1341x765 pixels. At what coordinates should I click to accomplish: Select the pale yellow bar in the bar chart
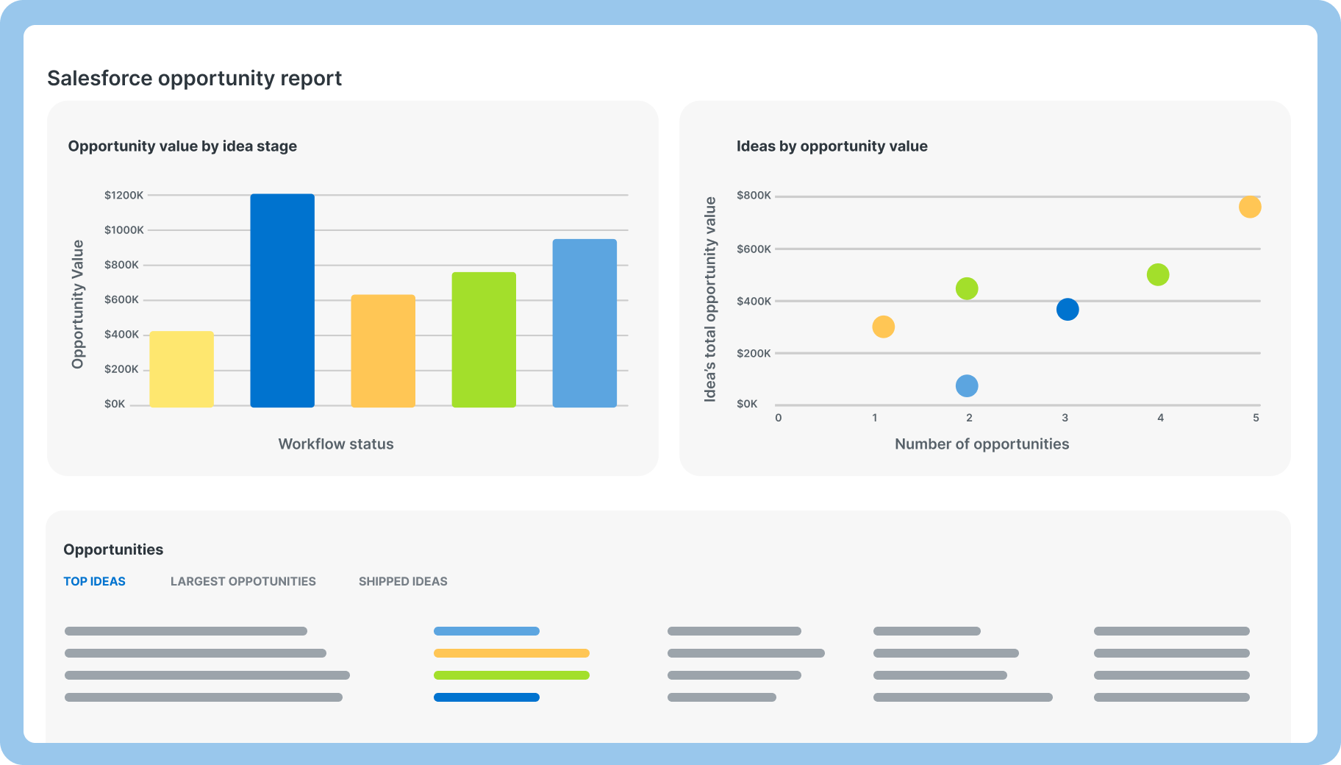click(x=182, y=369)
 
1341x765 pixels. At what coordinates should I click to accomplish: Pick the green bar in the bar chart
click(x=484, y=340)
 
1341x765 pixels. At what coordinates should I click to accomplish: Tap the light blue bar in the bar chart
click(x=584, y=323)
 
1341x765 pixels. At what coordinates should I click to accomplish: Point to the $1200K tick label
click(x=124, y=195)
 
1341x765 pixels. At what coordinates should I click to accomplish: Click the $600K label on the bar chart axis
click(x=121, y=299)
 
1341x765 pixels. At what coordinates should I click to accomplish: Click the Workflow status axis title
click(x=336, y=444)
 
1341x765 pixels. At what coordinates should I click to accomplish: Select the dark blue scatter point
click(x=1068, y=310)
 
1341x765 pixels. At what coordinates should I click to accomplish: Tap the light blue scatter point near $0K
click(x=967, y=385)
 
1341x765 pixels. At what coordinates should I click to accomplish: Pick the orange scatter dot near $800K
click(x=1250, y=207)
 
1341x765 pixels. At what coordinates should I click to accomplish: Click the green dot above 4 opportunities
click(x=1158, y=275)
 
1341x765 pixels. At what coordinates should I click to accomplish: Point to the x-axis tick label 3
click(x=1065, y=418)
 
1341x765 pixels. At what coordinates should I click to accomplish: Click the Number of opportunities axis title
click(x=981, y=444)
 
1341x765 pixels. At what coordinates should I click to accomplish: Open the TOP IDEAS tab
click(x=94, y=581)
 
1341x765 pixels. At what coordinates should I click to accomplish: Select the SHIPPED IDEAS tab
click(x=403, y=581)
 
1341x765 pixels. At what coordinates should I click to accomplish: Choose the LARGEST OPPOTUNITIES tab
click(x=243, y=581)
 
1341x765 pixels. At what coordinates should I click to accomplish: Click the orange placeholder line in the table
click(x=512, y=653)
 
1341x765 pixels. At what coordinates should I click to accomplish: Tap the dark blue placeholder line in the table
click(x=487, y=697)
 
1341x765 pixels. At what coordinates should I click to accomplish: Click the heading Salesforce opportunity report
click(x=195, y=78)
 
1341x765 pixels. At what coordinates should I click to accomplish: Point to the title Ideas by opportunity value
click(x=832, y=146)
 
